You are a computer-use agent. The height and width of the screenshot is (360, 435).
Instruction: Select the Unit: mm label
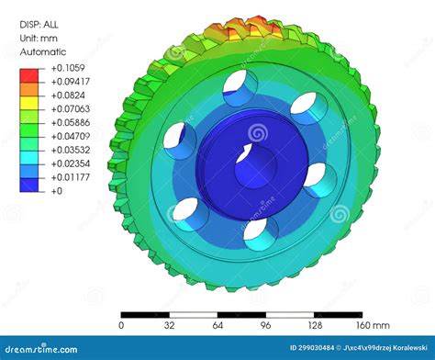[x=42, y=39]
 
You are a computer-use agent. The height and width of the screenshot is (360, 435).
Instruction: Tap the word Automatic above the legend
[x=43, y=53]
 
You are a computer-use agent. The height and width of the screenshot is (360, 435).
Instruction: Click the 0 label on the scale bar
[x=122, y=325]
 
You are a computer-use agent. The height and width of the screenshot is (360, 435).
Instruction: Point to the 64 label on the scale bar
[x=217, y=325]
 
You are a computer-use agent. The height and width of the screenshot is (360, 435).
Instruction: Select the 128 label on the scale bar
[x=315, y=325]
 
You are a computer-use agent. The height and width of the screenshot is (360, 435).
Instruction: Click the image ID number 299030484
[x=312, y=348]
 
